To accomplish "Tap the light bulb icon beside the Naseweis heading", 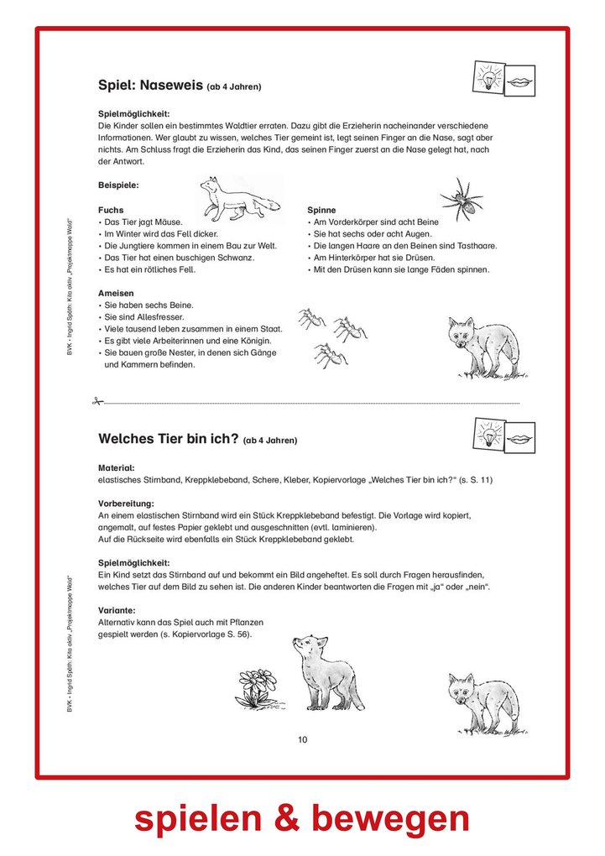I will click(488, 77).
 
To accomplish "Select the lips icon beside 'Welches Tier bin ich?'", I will click(519, 436).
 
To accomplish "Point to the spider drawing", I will click(461, 199).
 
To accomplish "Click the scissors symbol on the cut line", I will click(97, 402).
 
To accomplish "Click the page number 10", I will click(302, 739).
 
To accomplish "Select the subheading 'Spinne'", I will click(321, 210).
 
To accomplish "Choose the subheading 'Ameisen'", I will click(116, 293).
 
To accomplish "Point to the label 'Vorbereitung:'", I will click(126, 503).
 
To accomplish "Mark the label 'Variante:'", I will click(116, 610).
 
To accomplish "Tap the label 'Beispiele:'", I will click(118, 185).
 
